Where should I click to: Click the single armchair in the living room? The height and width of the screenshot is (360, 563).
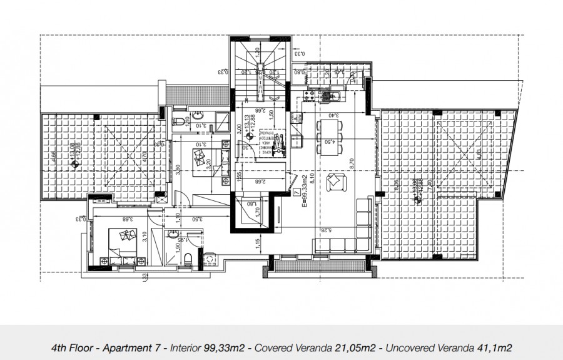335,181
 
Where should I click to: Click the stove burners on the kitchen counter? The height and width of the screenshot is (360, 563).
308,96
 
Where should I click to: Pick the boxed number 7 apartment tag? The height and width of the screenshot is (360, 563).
295,193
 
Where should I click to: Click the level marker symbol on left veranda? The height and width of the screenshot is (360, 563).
76,165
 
